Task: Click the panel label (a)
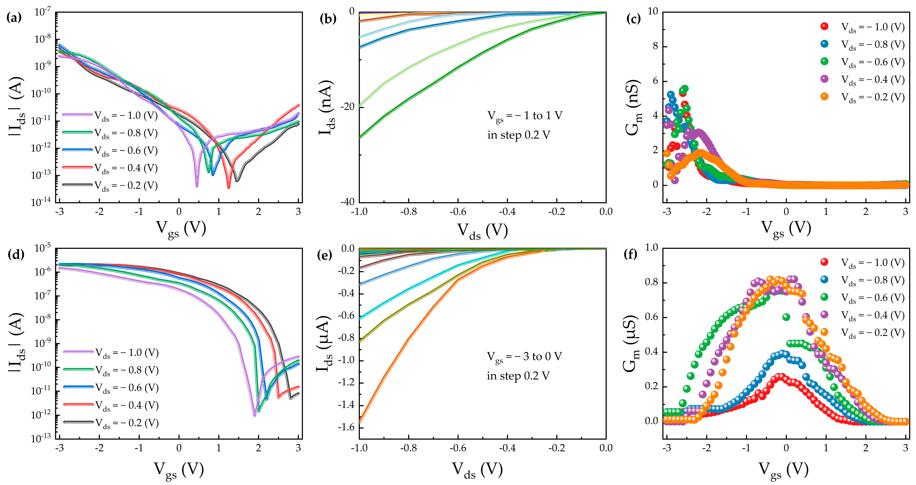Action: (x=14, y=18)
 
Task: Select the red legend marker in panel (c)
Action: (x=824, y=26)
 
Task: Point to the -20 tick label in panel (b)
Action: (x=347, y=107)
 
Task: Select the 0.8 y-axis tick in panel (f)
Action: (x=651, y=282)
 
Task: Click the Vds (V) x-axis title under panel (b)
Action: (x=482, y=231)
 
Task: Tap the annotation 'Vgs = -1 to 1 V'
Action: (x=524, y=116)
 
